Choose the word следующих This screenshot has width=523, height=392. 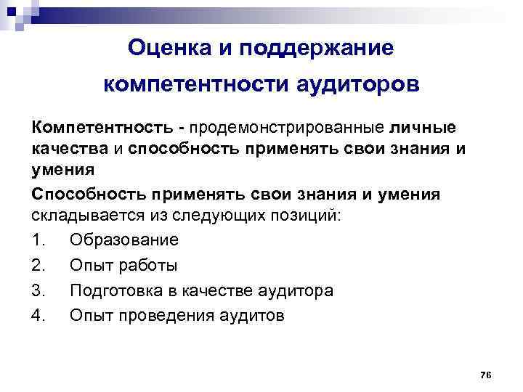click(x=220, y=217)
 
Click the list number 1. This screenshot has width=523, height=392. click(x=38, y=240)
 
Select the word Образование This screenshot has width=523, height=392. click(x=124, y=240)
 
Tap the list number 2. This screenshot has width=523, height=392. click(x=38, y=265)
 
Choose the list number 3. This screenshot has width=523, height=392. click(x=38, y=290)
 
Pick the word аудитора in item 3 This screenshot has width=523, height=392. click(x=292, y=290)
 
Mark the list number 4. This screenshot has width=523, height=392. click(x=38, y=316)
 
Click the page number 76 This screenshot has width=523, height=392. click(x=486, y=374)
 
